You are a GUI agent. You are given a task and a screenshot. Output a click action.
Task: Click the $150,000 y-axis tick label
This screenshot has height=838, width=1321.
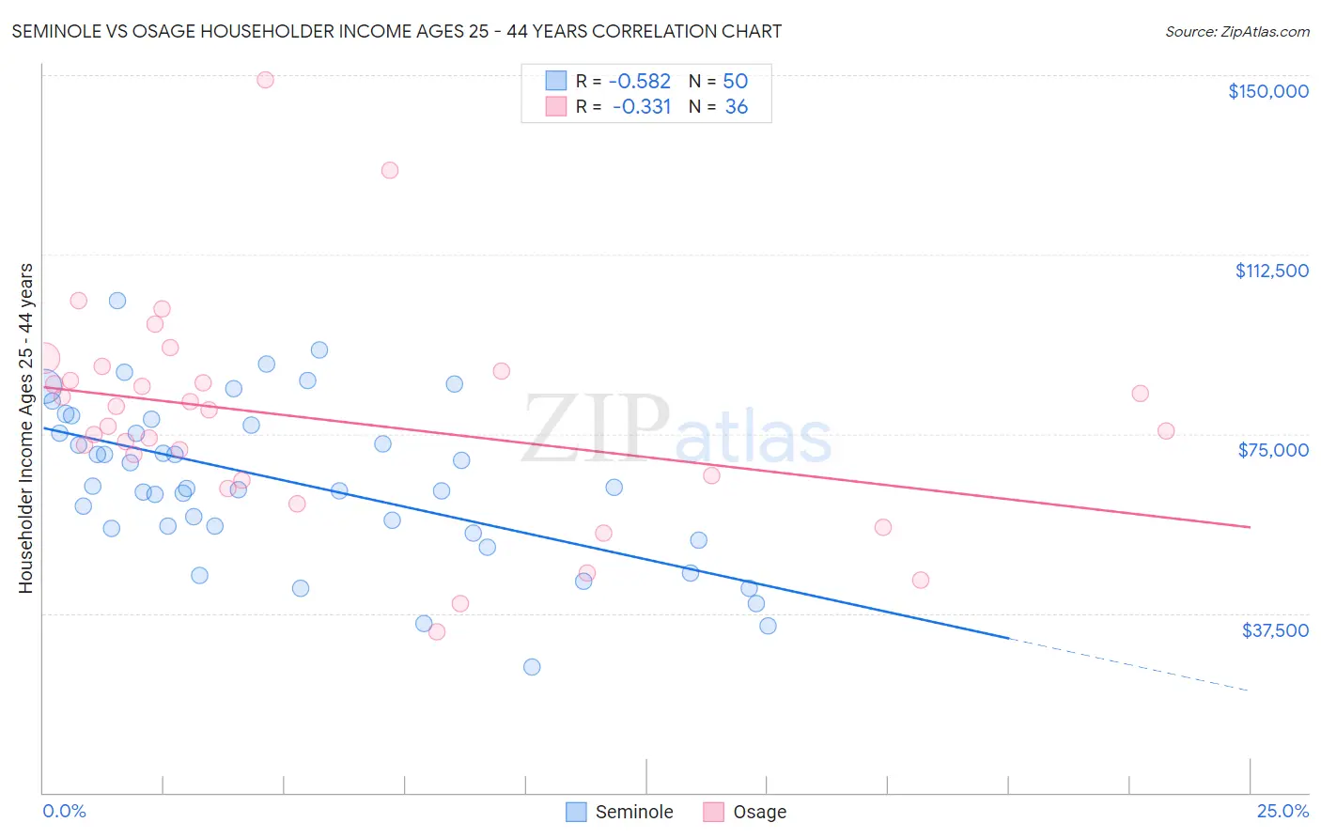[x=1267, y=91]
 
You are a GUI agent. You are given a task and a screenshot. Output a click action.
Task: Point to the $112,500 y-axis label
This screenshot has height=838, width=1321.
[x=1271, y=271]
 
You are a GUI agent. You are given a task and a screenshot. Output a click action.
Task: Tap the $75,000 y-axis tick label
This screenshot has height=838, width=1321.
[x=1273, y=450]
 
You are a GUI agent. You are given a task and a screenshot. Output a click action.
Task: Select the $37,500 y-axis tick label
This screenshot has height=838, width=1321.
[x=1275, y=630]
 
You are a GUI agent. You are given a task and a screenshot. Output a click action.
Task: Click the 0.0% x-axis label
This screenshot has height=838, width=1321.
[x=64, y=812]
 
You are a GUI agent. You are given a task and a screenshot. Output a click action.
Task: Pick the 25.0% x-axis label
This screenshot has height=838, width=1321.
[x=1282, y=812]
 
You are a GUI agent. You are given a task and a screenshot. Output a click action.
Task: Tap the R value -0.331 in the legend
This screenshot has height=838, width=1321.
[x=642, y=107]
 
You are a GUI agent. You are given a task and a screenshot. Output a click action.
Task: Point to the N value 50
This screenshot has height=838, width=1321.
[x=735, y=82]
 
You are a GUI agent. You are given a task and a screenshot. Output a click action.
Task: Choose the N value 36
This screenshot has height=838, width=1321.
[x=736, y=107]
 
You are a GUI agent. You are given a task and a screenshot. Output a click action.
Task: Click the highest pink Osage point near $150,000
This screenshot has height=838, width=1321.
[x=265, y=80]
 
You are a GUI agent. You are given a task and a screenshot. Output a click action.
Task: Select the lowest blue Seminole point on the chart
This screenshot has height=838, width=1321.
[x=532, y=667]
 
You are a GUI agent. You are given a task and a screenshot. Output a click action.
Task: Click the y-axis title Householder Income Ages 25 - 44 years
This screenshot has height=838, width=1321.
[x=25, y=428]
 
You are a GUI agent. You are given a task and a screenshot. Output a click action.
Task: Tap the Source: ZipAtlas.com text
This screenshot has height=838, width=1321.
[x=1236, y=32]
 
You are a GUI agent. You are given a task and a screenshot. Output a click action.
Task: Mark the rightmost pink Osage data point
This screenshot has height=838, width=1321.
[x=1166, y=431]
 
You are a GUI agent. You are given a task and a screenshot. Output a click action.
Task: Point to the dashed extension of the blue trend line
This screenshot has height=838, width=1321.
[x=1127, y=664]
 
